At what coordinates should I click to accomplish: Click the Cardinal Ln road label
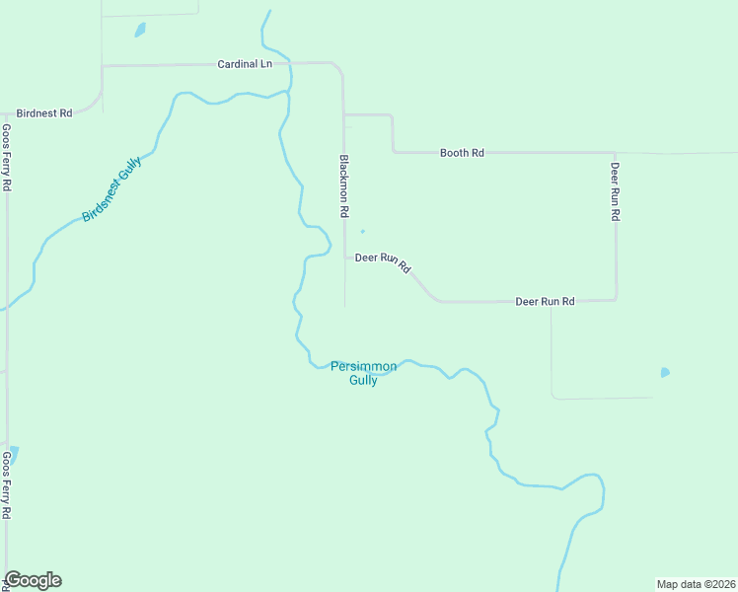pos(245,64)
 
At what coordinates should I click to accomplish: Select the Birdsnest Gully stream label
pos(111,188)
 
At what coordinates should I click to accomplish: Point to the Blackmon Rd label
pos(344,185)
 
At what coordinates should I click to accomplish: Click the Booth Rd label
pos(462,153)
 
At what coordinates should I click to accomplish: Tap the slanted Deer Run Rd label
pos(383,261)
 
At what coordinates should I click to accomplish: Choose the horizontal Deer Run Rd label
pos(545,301)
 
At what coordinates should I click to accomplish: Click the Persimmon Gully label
pos(363,373)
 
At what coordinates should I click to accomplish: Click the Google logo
pos(34,580)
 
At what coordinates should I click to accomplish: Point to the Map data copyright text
pos(696,583)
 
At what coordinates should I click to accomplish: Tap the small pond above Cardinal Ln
pos(140,30)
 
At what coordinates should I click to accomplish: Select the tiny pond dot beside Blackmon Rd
pos(362,232)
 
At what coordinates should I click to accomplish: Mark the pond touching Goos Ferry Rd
pos(12,455)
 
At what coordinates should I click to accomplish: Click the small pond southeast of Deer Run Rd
pos(664,373)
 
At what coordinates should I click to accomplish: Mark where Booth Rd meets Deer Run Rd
pos(616,154)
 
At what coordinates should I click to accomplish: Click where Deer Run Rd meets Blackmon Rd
pos(344,258)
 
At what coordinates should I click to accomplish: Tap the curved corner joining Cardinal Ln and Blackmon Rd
pos(339,68)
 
